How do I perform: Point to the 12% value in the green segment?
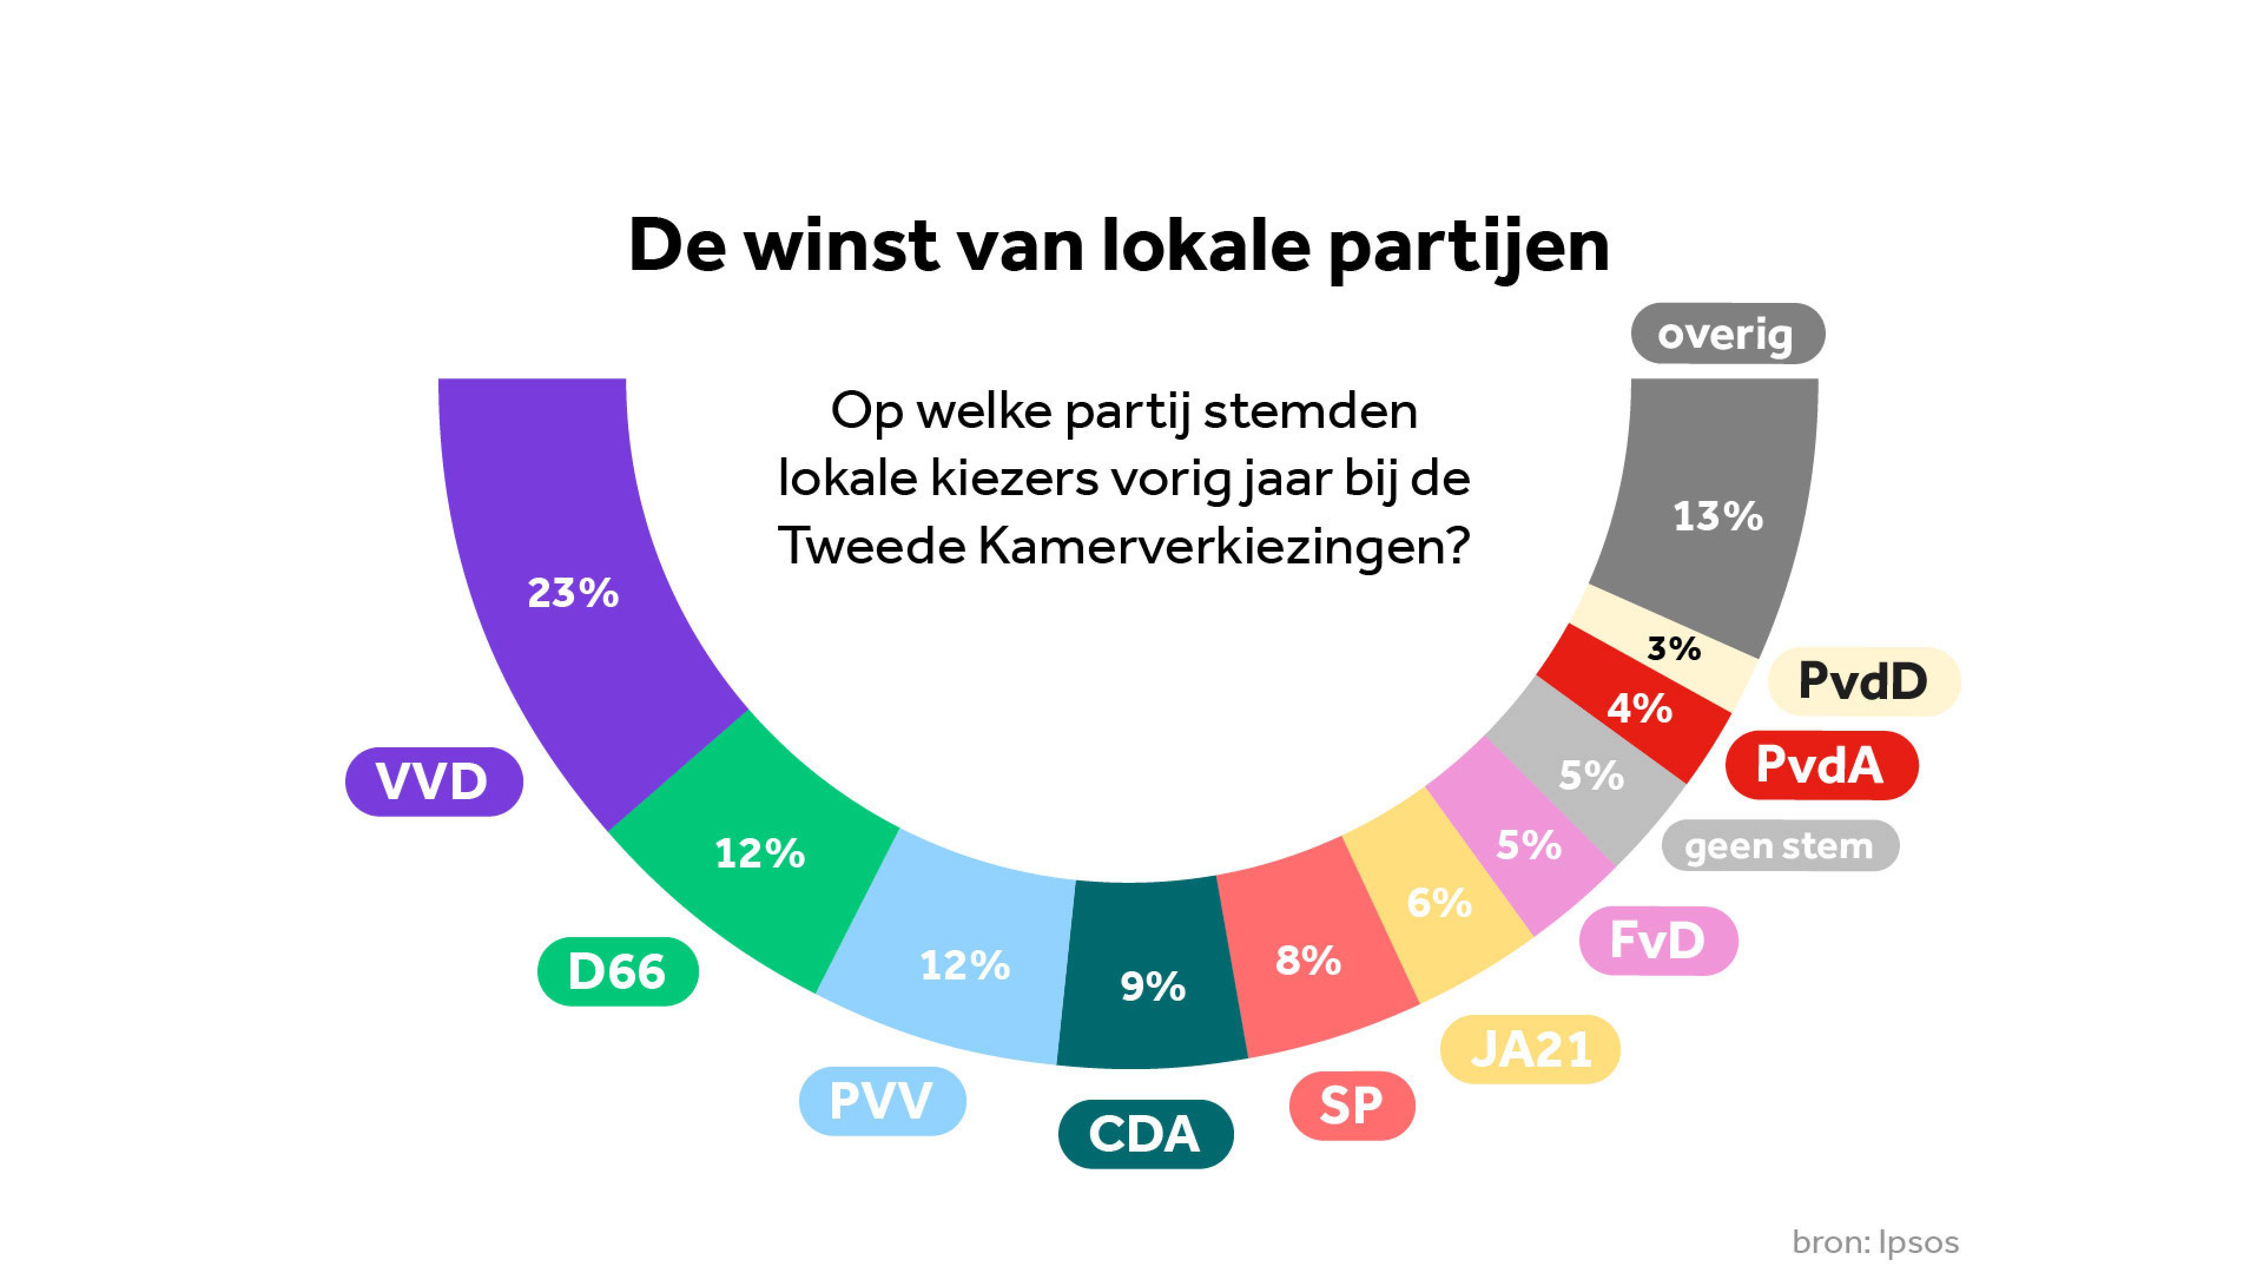(x=759, y=853)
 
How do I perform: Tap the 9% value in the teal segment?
(x=1153, y=987)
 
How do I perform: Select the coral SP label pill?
(x=1351, y=1105)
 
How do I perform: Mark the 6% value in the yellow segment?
(x=1439, y=902)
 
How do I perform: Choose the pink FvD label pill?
(x=1658, y=941)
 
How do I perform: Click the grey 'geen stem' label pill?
(x=1780, y=846)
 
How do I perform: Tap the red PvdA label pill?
(x=1820, y=764)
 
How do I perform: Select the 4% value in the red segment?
(x=1639, y=708)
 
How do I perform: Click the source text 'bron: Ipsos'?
(x=1875, y=1242)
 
